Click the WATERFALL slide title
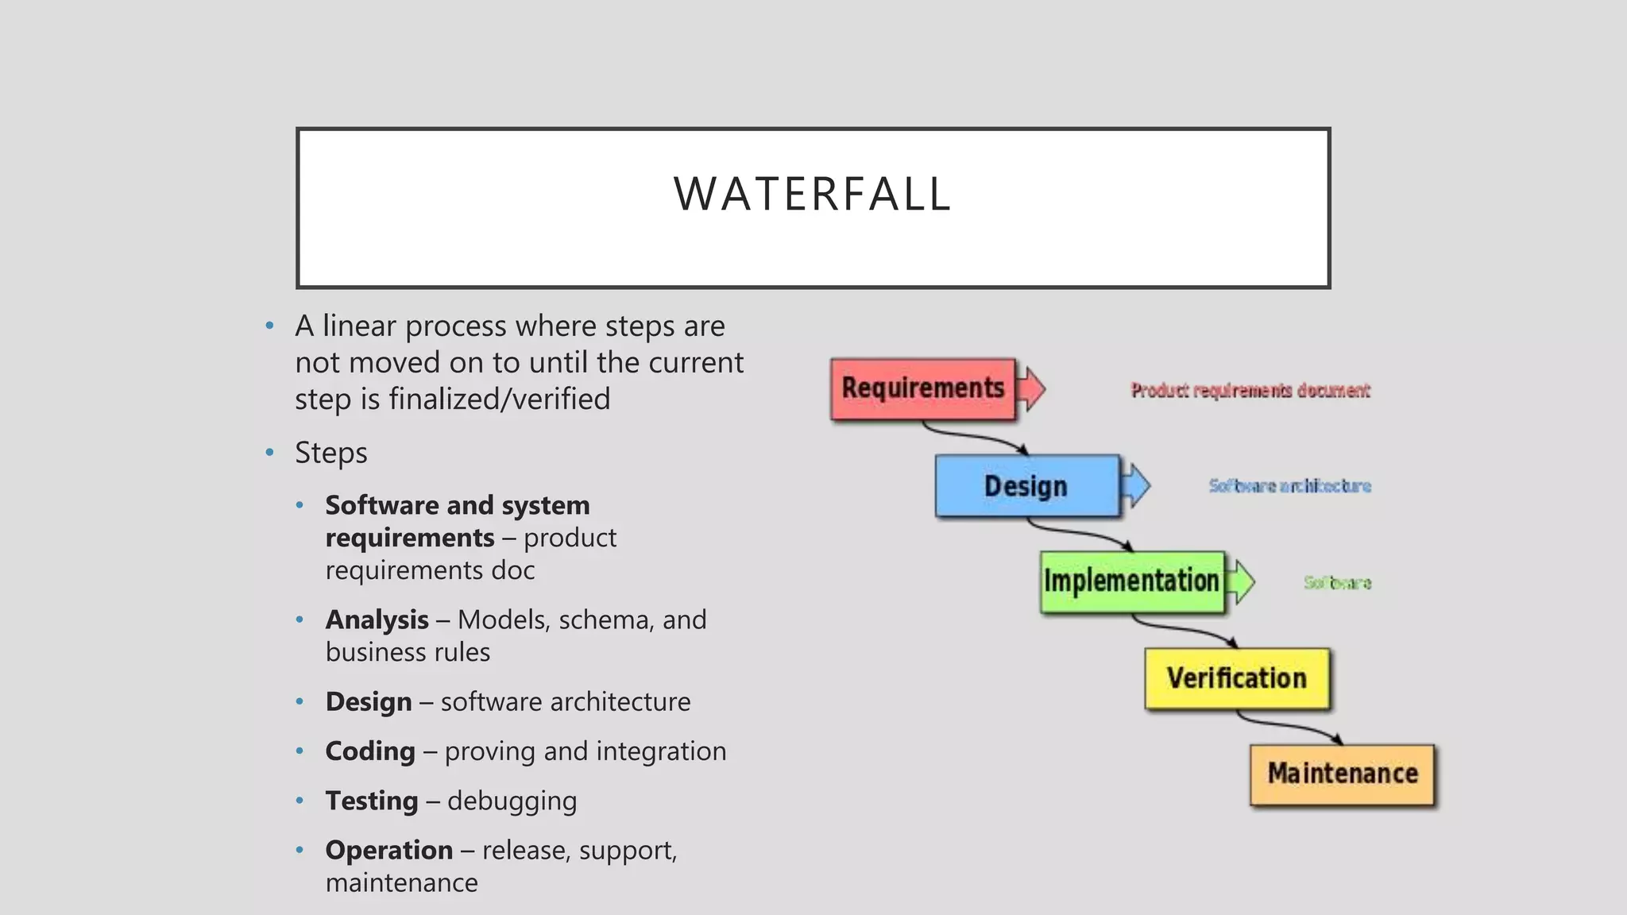(x=812, y=194)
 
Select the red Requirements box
(x=922, y=388)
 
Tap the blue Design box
(x=1026, y=486)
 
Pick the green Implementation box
(x=1131, y=581)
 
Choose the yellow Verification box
(x=1236, y=678)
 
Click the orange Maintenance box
(x=1342, y=774)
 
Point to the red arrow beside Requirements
(x=1032, y=388)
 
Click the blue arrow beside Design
(x=1137, y=485)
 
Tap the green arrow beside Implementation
(x=1241, y=581)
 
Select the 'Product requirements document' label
(x=1250, y=390)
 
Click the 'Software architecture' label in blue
(x=1289, y=485)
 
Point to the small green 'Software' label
(x=1337, y=583)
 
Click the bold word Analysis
(x=377, y=620)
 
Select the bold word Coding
(x=370, y=751)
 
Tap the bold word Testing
(x=371, y=801)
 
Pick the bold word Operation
(x=388, y=850)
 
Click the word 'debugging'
(x=512, y=801)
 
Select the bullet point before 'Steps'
(x=269, y=453)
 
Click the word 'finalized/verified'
(x=499, y=399)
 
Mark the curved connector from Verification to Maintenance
(x=1287, y=725)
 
